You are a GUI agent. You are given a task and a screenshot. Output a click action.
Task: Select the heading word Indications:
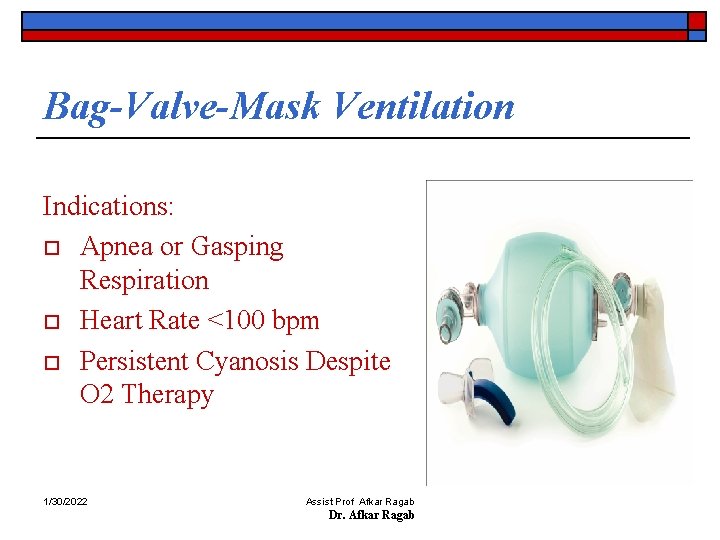click(108, 207)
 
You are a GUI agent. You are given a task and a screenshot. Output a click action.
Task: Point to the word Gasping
click(236, 246)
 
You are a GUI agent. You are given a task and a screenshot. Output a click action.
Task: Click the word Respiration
click(144, 280)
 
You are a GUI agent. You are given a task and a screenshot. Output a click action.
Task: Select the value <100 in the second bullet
click(239, 321)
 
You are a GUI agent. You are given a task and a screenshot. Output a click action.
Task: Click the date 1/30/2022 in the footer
click(65, 500)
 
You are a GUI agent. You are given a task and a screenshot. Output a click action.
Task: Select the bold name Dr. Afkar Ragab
click(371, 514)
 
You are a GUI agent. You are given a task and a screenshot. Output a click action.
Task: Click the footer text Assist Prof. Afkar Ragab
click(360, 501)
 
